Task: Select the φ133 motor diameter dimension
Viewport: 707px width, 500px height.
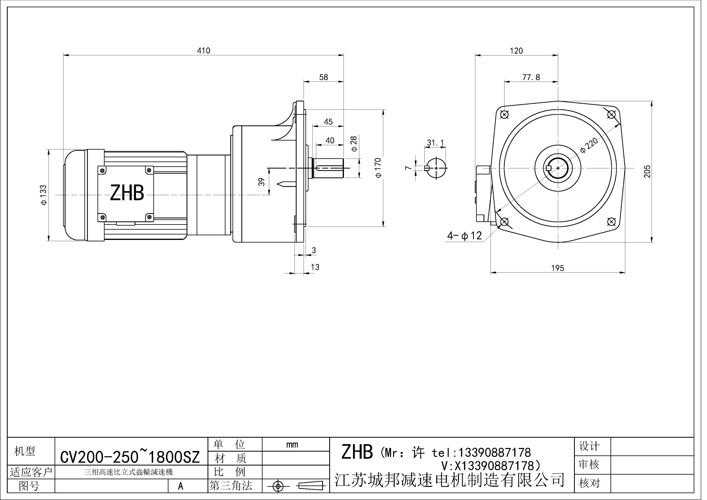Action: pyautogui.click(x=43, y=195)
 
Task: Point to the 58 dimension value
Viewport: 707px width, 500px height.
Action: pyautogui.click(x=323, y=77)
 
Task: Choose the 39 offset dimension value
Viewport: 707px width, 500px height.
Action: pyautogui.click(x=262, y=182)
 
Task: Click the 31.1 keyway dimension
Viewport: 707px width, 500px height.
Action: pyautogui.click(x=435, y=143)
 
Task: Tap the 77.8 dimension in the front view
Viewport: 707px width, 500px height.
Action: pyautogui.click(x=531, y=77)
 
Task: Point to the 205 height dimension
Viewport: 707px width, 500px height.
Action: pyautogui.click(x=647, y=172)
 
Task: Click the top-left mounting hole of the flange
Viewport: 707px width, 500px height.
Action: pyautogui.click(x=504, y=115)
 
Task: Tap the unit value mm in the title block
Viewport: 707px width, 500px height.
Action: pyautogui.click(x=292, y=445)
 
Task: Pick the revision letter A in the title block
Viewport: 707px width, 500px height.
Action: pyautogui.click(x=181, y=486)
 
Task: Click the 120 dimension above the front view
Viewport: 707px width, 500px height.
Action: pyautogui.click(x=516, y=51)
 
